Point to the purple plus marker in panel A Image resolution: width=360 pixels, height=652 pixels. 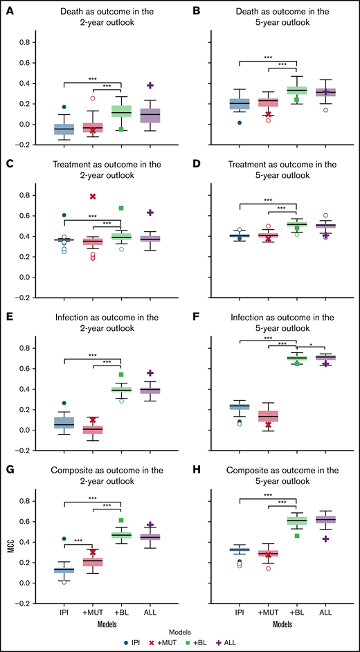(150, 85)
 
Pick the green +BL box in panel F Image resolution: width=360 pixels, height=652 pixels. (297, 358)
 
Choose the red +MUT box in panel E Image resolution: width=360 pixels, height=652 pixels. (93, 430)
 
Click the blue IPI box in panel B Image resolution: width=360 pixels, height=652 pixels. (240, 105)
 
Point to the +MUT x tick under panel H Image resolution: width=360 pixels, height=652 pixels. (269, 613)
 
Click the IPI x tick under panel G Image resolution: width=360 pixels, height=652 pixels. (64, 613)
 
